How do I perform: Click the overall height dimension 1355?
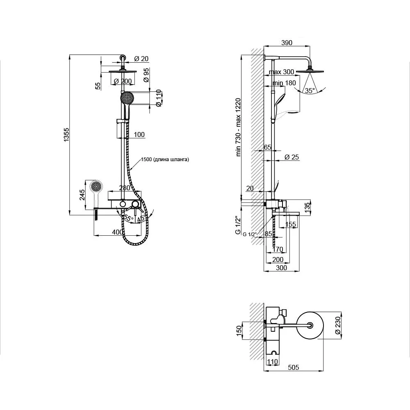click(66, 135)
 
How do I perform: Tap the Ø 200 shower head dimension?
click(123, 81)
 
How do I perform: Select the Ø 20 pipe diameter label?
click(141, 59)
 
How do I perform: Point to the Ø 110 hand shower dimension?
click(158, 98)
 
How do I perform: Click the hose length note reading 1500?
click(164, 159)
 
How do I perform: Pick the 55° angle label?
click(129, 218)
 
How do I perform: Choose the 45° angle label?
click(141, 219)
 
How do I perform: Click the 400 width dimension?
click(117, 232)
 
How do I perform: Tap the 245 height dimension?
click(82, 195)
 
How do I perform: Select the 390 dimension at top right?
click(287, 43)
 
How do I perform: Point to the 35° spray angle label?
click(310, 91)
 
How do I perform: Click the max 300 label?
click(281, 72)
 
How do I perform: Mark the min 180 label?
click(284, 83)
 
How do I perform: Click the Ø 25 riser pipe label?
click(292, 157)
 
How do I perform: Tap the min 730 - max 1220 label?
click(238, 128)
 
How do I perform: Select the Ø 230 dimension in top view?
click(338, 325)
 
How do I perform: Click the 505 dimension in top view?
click(294, 367)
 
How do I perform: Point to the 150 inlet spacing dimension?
click(239, 331)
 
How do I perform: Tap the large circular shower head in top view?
click(310, 325)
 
